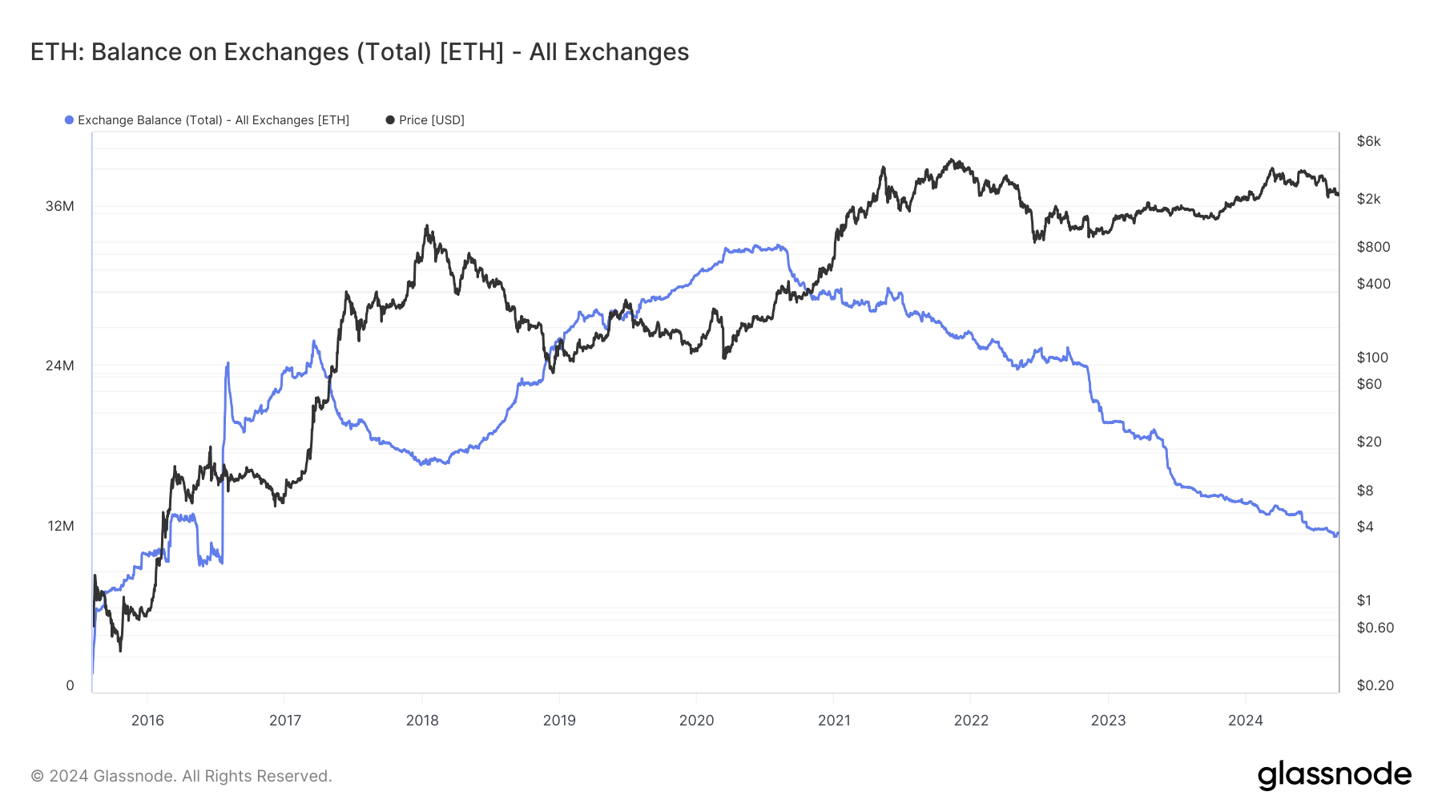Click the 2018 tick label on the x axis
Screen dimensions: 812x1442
pyautogui.click(x=422, y=720)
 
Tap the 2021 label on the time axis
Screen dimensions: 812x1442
pyautogui.click(x=834, y=720)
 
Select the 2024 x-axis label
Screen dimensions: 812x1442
pyautogui.click(x=1245, y=720)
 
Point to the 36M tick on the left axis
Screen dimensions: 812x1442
pyautogui.click(x=59, y=206)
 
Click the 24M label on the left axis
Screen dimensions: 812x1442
pyautogui.click(x=59, y=366)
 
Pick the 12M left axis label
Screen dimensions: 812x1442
pyautogui.click(x=60, y=526)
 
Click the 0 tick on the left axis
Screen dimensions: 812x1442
pyautogui.click(x=70, y=685)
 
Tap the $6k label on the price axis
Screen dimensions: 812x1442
pyautogui.click(x=1368, y=141)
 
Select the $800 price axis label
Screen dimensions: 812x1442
pyautogui.click(x=1373, y=247)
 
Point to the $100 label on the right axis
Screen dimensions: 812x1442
pyautogui.click(x=1372, y=358)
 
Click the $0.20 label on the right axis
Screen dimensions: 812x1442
pyautogui.click(x=1375, y=685)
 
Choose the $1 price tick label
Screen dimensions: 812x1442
pyautogui.click(x=1363, y=600)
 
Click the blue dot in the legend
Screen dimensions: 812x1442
pyautogui.click(x=70, y=120)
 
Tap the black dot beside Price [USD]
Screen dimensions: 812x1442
pyautogui.click(x=390, y=120)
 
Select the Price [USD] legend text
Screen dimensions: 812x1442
pyautogui.click(x=432, y=120)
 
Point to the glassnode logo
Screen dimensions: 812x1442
pyautogui.click(x=1334, y=775)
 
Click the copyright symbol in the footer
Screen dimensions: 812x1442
pyautogui.click(x=37, y=776)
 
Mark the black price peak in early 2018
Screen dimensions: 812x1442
pyautogui.click(x=427, y=226)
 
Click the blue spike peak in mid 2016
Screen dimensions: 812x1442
pyautogui.click(x=228, y=363)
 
